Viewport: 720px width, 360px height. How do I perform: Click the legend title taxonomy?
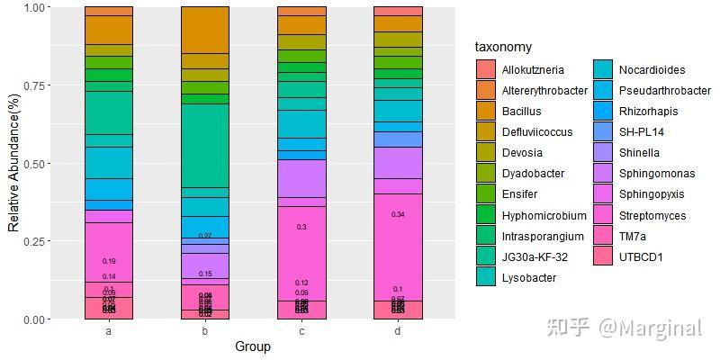click(504, 47)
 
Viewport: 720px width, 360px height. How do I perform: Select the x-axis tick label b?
click(205, 331)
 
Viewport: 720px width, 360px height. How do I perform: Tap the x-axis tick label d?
click(398, 331)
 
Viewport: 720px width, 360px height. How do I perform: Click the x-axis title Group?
click(253, 346)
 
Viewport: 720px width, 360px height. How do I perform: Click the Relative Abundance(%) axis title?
click(13, 162)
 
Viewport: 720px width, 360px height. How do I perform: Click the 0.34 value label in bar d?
click(398, 214)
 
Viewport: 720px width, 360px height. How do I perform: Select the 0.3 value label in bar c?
click(301, 227)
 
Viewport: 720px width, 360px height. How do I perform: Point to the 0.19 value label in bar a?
click(109, 261)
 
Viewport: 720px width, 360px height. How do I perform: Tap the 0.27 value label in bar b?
click(205, 236)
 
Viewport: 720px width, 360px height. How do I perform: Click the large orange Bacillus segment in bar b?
click(205, 30)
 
